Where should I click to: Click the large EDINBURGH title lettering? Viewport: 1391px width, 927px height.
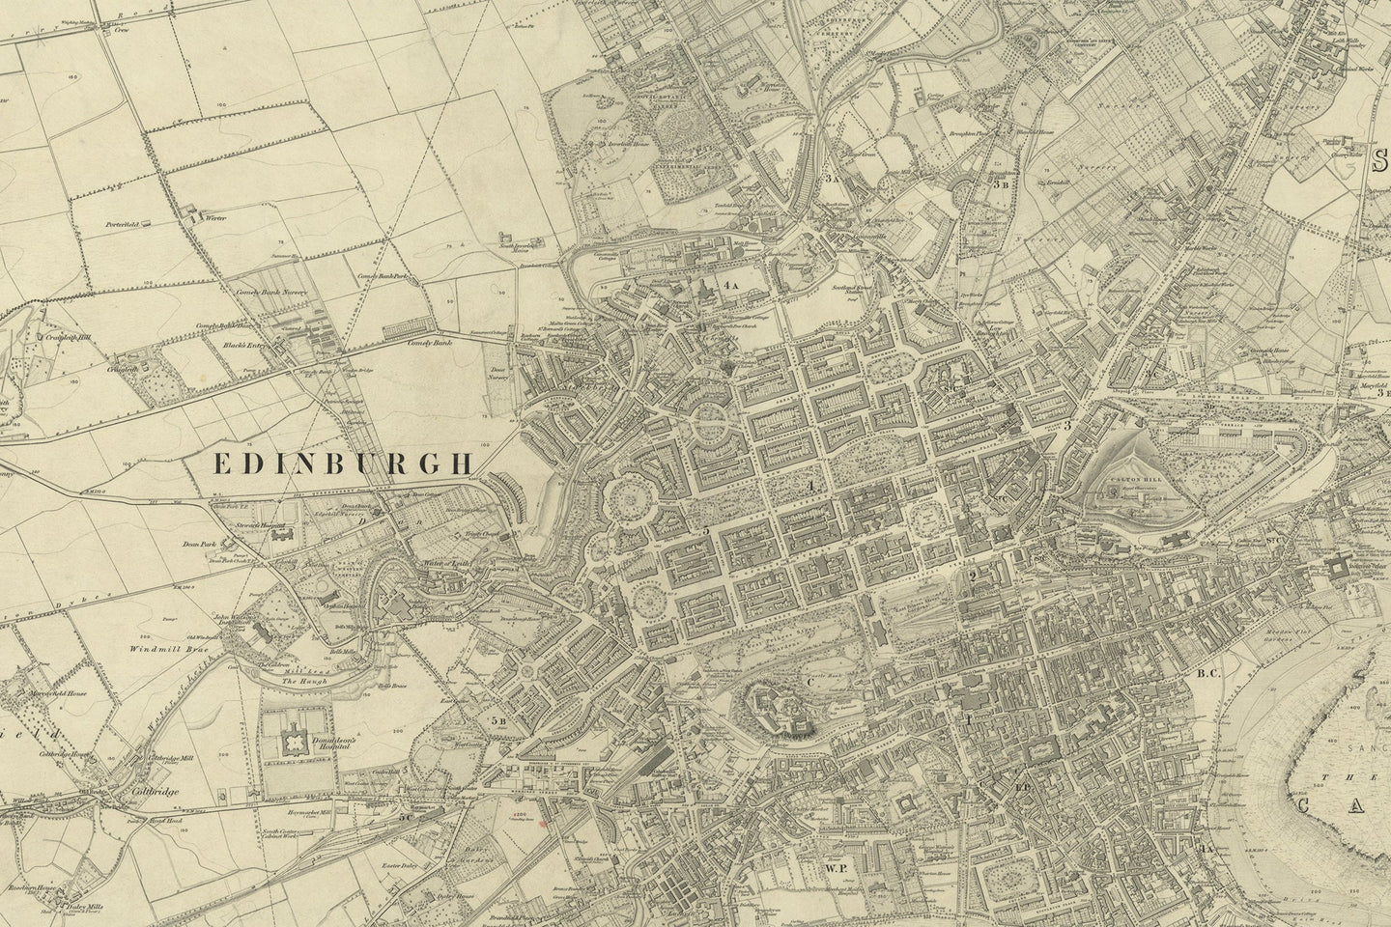(342, 464)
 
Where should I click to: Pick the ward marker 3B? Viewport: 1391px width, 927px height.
(1002, 182)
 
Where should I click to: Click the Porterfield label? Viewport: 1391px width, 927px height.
(125, 224)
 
